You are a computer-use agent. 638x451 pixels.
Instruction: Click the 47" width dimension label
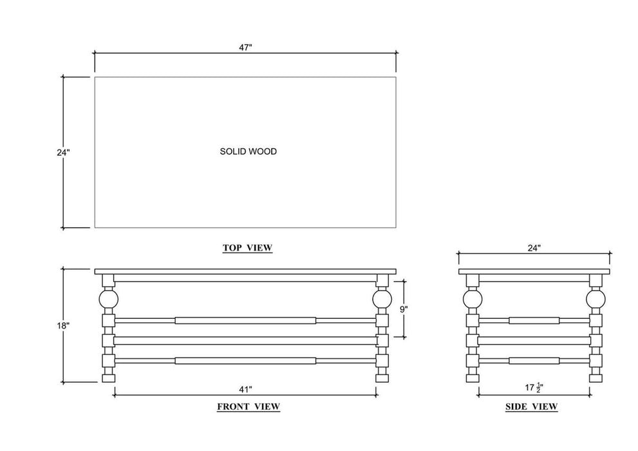coord(245,47)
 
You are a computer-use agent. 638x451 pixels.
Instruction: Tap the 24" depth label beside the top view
coord(64,152)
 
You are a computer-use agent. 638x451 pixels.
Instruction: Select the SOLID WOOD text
coord(249,151)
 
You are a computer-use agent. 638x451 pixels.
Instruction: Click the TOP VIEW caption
coord(247,247)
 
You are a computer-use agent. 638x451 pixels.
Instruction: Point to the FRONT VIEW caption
coord(249,407)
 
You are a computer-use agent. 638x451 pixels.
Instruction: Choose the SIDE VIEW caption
coord(531,407)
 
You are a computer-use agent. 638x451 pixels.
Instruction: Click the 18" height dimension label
coord(64,325)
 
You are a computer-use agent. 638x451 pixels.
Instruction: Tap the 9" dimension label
coord(404,309)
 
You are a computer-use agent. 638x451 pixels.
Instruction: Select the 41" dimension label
coord(245,390)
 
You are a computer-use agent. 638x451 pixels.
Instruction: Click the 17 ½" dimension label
coord(534,387)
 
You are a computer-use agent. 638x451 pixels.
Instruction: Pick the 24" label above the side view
coord(534,248)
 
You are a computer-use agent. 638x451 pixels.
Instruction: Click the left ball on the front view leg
coord(109,299)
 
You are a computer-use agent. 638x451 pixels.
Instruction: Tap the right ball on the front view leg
coord(382,299)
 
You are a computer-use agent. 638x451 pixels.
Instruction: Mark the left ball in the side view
coord(473,299)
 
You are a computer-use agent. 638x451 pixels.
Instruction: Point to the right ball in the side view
coord(596,299)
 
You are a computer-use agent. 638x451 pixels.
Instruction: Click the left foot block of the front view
coord(109,379)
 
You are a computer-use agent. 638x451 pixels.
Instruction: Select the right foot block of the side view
coord(596,379)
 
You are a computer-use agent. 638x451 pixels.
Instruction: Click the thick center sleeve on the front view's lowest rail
coord(245,361)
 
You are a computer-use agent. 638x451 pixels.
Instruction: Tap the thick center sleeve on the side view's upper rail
coord(534,320)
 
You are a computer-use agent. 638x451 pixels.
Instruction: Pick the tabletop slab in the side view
coord(534,271)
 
